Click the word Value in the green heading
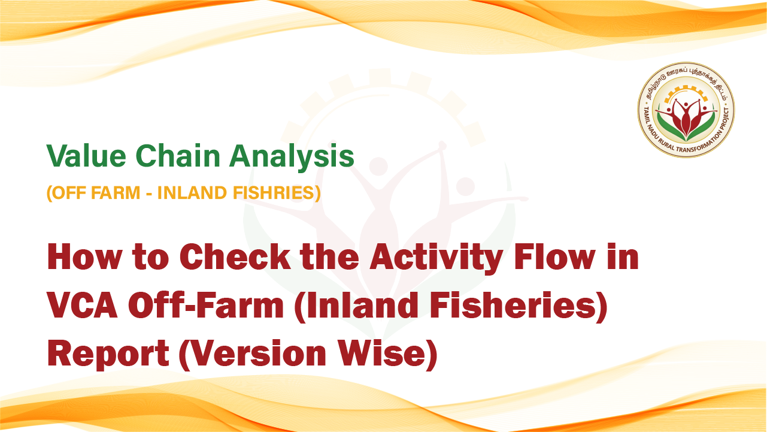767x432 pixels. (x=86, y=156)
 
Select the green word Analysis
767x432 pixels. (x=292, y=157)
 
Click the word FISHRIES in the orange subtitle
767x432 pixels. (x=277, y=192)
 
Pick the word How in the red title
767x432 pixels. (x=84, y=257)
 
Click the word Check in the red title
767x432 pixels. (x=235, y=257)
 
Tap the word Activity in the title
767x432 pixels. (x=436, y=259)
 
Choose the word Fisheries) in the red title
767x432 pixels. (x=518, y=306)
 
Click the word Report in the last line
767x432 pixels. (x=108, y=354)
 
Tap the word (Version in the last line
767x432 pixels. (x=253, y=354)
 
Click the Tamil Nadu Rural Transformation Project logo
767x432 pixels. (x=686, y=110)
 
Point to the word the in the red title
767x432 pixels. (x=330, y=257)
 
